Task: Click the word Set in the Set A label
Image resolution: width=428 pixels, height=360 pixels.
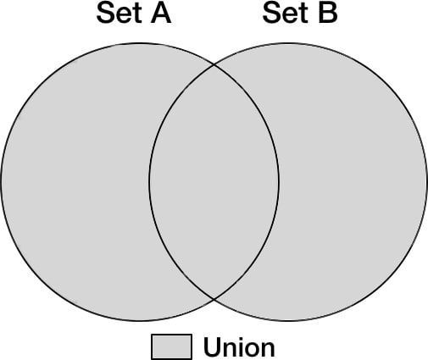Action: click(x=119, y=13)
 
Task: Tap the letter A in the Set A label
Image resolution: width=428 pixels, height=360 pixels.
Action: click(x=161, y=13)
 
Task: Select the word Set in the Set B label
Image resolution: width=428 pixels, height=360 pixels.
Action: click(x=285, y=13)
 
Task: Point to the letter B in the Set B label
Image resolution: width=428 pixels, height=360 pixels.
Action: click(x=328, y=13)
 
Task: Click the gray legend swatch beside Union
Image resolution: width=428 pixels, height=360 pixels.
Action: click(x=171, y=346)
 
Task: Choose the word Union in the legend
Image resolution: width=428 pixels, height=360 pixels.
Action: click(x=239, y=347)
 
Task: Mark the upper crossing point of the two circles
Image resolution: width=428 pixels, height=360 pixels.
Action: click(x=214, y=65)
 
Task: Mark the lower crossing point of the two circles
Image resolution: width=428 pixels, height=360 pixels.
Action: click(x=214, y=298)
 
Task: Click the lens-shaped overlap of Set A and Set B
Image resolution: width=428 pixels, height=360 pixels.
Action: click(x=214, y=182)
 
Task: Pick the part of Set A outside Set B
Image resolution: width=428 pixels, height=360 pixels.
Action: click(x=75, y=182)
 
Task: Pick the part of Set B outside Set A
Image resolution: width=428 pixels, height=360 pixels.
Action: click(x=353, y=182)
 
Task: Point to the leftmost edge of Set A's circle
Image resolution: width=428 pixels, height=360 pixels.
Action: click(x=2, y=182)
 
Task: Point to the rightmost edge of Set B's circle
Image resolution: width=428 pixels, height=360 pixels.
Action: click(x=426, y=182)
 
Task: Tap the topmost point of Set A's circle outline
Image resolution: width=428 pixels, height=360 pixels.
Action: click(x=140, y=43)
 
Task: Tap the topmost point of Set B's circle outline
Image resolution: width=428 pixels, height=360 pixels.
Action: click(x=288, y=43)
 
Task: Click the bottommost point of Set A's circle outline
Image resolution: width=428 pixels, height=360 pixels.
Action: click(x=140, y=320)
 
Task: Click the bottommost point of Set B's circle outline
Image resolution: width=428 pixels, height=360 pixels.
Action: click(x=288, y=320)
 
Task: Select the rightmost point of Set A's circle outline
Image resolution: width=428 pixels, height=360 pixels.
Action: click(x=279, y=182)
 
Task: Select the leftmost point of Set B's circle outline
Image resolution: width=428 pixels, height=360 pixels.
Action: click(x=150, y=182)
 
